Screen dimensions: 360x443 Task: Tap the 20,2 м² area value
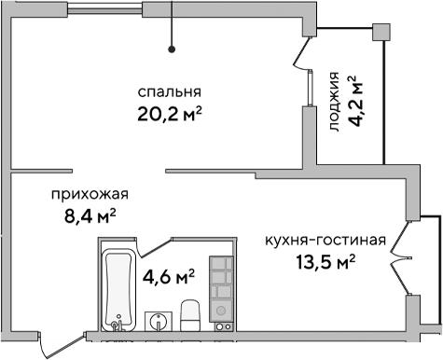170,115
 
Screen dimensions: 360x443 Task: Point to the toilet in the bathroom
189,315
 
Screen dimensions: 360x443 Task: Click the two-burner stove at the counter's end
223,326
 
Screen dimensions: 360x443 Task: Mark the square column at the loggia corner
380,32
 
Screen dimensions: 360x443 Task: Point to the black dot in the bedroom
172,48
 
